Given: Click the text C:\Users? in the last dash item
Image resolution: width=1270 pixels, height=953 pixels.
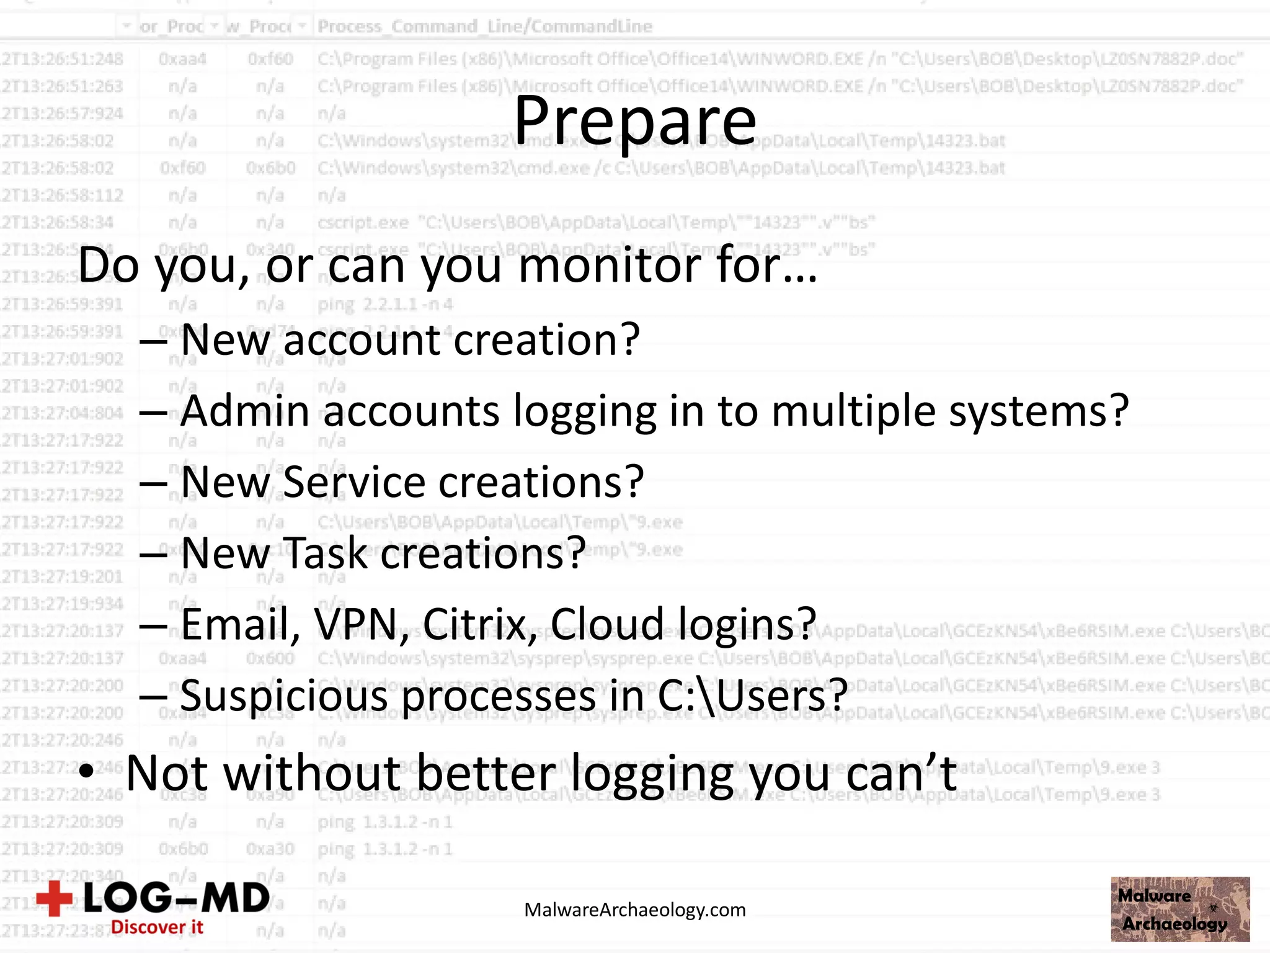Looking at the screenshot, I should [752, 696].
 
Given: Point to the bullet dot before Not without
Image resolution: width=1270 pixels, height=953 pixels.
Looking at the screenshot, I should [87, 773].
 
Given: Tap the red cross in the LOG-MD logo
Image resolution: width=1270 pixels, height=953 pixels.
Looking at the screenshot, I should [55, 898].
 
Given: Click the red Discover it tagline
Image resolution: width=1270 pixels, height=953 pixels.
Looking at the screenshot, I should [157, 928].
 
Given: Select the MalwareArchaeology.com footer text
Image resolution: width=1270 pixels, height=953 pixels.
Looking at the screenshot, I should [635, 910].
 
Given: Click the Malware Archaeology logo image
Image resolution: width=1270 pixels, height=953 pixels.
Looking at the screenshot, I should [1180, 909].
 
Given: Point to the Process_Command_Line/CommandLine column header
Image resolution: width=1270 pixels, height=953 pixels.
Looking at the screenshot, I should [485, 26].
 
